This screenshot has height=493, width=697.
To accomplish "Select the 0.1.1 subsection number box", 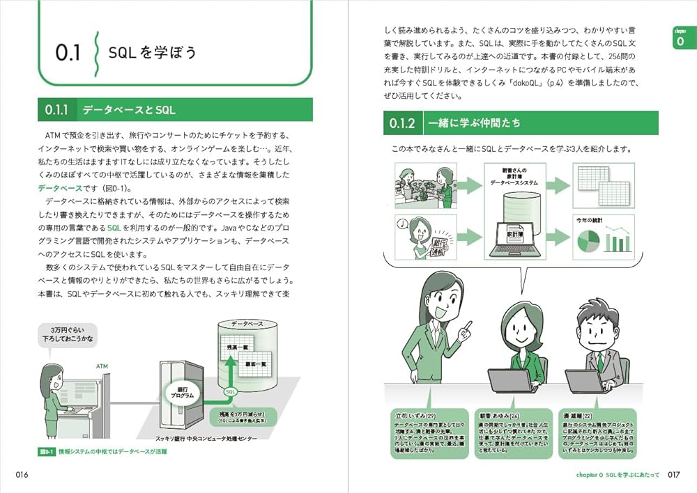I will click(56, 110).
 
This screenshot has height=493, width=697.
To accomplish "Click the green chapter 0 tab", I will click(680, 38).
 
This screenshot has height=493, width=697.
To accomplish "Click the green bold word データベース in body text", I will click(59, 188).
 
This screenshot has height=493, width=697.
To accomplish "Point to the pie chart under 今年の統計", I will click(588, 241).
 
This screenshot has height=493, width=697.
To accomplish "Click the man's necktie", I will click(597, 360).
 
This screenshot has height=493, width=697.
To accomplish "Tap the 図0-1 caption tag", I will click(47, 452).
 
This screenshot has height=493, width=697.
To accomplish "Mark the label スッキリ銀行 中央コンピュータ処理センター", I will click(206, 439).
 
